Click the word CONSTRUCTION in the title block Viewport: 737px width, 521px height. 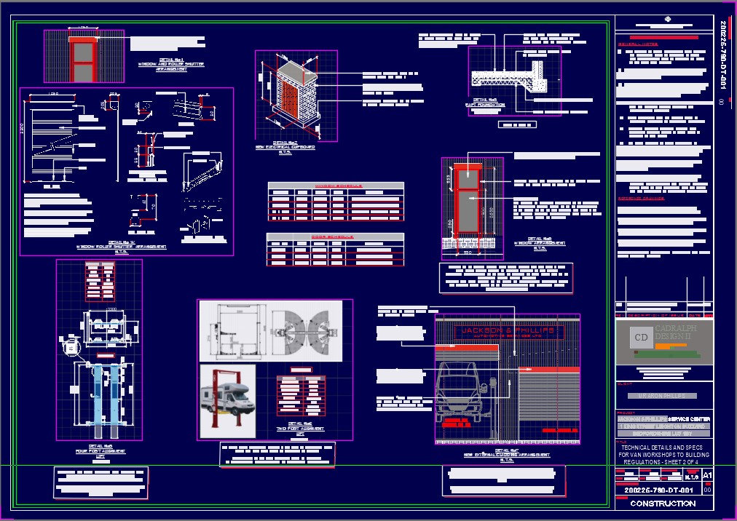(x=663, y=504)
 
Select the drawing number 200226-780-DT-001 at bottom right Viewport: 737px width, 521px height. (x=655, y=490)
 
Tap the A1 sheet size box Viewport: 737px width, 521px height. (x=707, y=475)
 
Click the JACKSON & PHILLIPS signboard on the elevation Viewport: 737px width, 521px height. (x=509, y=332)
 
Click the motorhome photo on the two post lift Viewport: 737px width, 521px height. (x=227, y=401)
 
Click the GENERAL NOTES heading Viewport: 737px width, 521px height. (x=639, y=44)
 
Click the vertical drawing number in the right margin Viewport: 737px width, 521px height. (x=724, y=55)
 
